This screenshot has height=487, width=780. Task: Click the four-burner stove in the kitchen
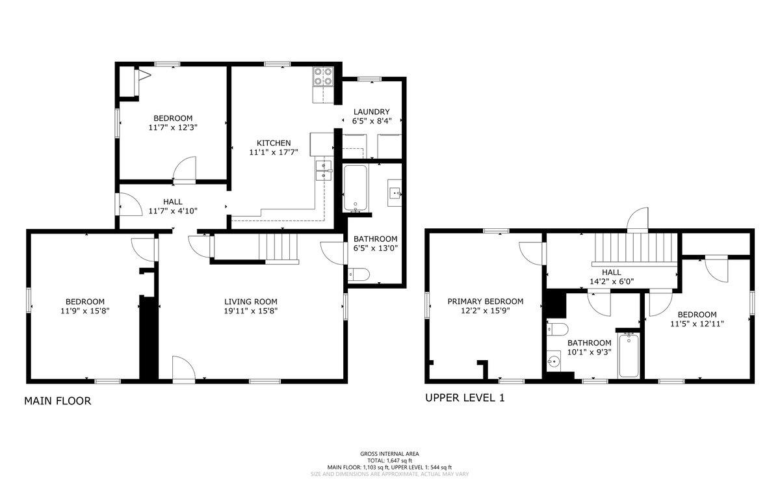323,76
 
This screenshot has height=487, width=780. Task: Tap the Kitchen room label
274,143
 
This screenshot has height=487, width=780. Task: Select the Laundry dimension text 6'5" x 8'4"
372,121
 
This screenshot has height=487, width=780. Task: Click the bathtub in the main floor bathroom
355,188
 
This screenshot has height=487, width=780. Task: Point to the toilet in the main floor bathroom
358,275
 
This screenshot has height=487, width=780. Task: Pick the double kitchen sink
324,170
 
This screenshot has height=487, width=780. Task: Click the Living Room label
251,302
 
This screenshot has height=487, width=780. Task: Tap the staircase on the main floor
278,248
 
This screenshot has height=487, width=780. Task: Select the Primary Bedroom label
486,301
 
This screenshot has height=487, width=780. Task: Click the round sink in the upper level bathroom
553,362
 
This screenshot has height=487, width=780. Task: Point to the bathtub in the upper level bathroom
629,355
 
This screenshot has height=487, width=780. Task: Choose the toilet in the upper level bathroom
558,329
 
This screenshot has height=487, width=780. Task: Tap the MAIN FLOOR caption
57,401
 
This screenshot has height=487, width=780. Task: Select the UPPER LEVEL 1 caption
465,397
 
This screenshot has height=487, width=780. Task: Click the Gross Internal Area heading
389,454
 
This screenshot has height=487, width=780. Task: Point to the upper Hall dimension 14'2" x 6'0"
612,282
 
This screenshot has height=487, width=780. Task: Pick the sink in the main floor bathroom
395,192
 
